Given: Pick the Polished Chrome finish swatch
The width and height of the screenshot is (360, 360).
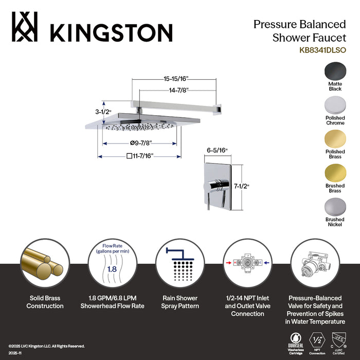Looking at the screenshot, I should click(x=335, y=106).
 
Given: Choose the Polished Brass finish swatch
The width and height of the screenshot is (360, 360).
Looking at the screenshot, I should click(x=335, y=140).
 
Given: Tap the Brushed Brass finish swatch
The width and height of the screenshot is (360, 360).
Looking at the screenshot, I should click(x=335, y=174).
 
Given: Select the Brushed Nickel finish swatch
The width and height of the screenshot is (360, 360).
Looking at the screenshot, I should click(x=335, y=208).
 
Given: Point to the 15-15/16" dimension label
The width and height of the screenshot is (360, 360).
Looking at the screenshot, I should click(x=173, y=79).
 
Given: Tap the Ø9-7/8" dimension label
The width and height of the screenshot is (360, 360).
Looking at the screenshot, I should click(x=140, y=143).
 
